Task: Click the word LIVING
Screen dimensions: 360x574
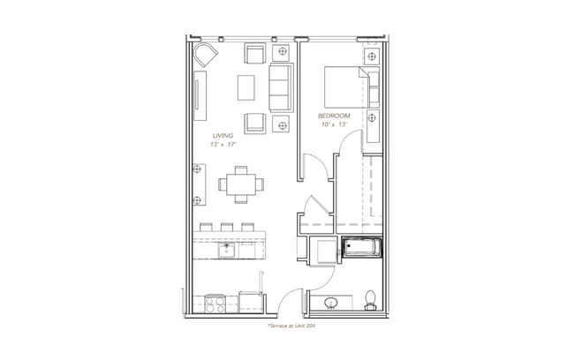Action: pos(223,135)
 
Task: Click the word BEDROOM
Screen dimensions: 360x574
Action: pos(335,116)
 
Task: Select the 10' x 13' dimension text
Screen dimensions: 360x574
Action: pos(335,125)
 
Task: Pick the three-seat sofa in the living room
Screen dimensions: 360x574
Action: pos(282,84)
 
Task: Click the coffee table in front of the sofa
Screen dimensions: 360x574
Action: pos(246,86)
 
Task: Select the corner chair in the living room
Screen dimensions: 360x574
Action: pos(206,56)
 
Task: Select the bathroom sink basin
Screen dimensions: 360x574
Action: pos(331,304)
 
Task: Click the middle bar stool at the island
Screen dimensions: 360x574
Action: pos(226,227)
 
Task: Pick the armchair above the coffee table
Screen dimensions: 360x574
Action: pos(255,54)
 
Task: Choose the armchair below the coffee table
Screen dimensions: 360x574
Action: pos(255,122)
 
